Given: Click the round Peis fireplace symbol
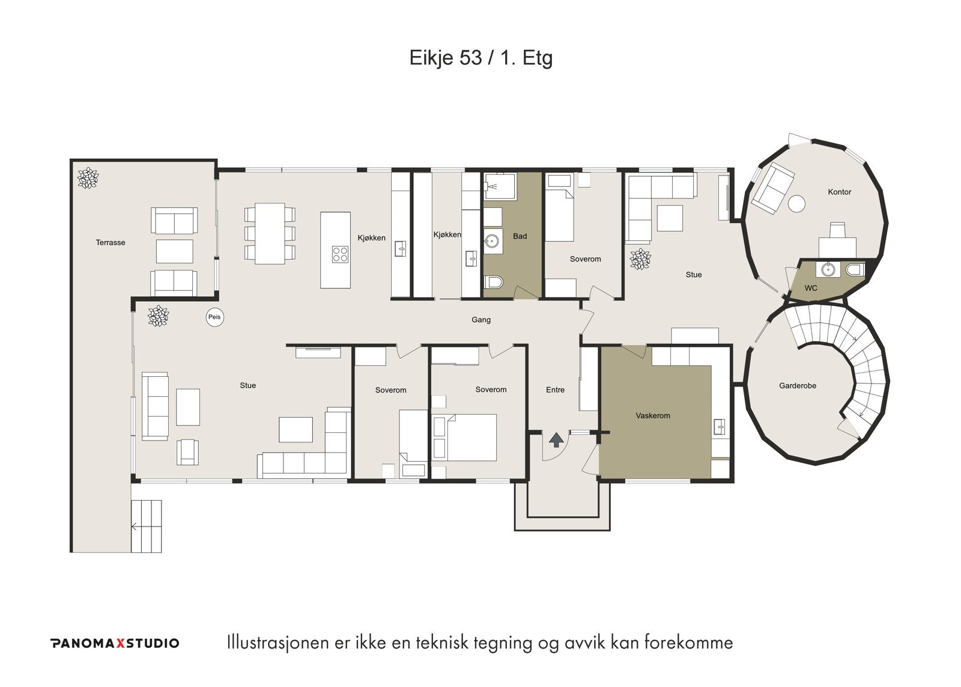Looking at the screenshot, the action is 214,318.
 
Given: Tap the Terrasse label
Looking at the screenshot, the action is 111,243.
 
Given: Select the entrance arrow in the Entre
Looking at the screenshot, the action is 556,440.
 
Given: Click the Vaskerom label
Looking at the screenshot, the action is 652,416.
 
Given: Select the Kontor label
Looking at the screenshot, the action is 839,192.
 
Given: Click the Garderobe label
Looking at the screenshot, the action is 798,386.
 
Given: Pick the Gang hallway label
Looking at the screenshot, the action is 481,320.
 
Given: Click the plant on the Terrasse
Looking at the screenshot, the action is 88,178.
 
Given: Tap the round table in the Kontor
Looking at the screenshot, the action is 796,204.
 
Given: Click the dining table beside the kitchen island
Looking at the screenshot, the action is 270,234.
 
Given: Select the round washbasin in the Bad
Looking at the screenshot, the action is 493,242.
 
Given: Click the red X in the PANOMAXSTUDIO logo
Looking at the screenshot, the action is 120,643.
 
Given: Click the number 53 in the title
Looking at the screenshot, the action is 471,58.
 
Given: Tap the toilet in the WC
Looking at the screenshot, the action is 855,270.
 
